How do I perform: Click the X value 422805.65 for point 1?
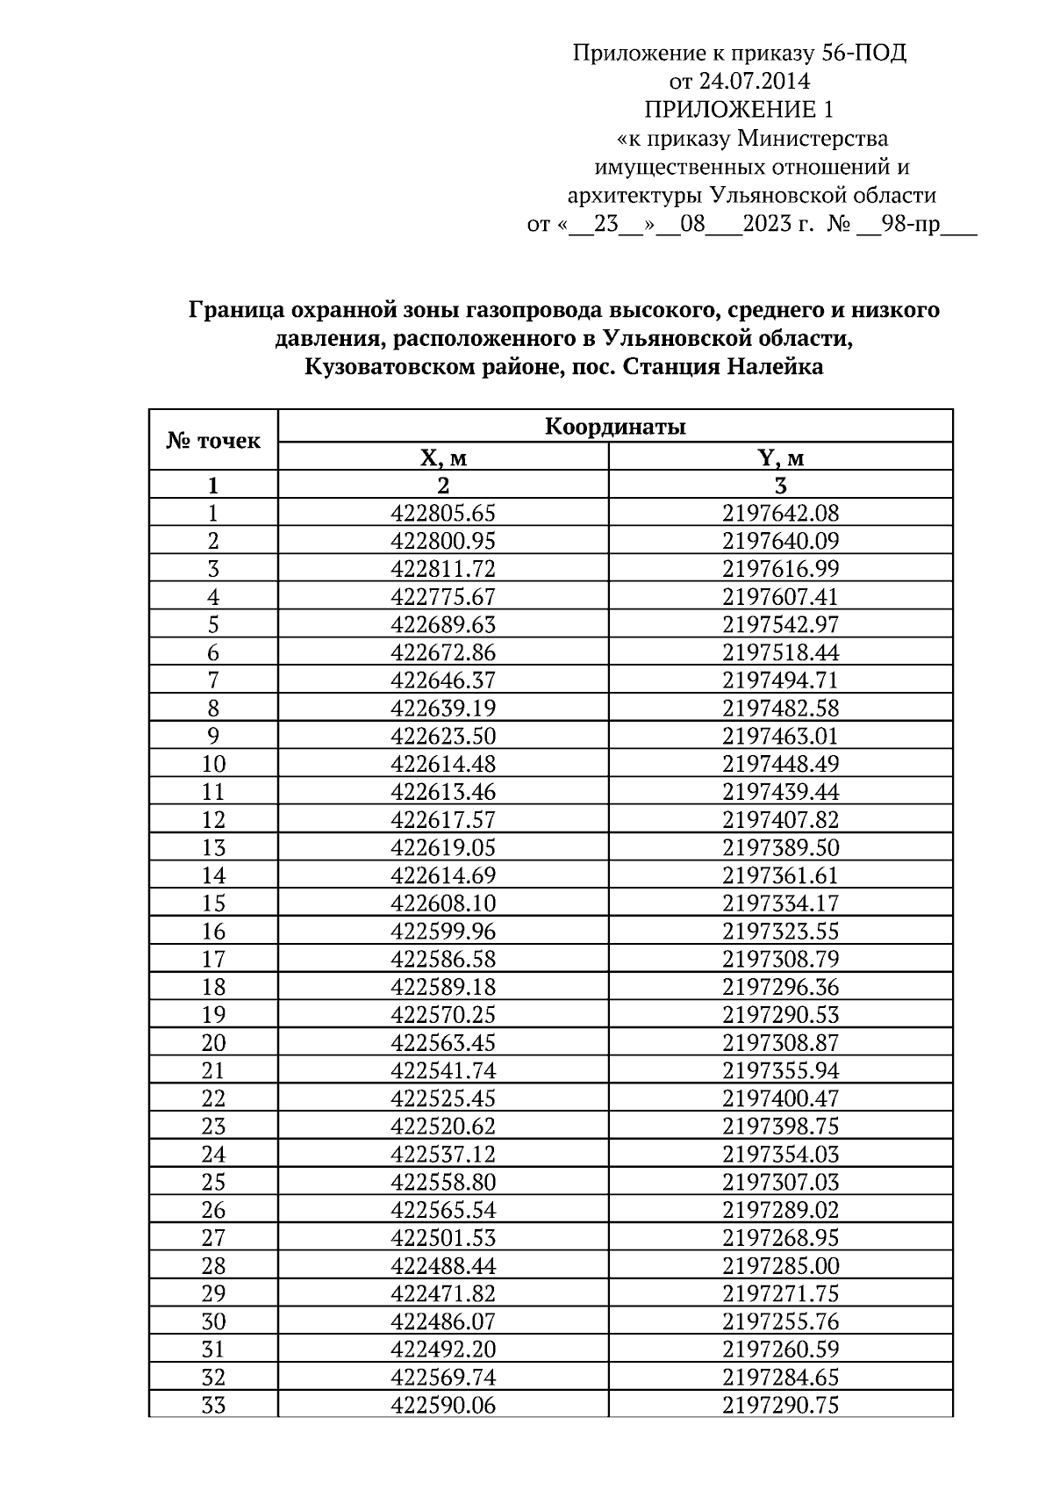coord(443,514)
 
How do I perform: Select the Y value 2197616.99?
coord(781,569)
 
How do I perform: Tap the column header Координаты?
coord(615,428)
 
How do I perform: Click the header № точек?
coord(213,441)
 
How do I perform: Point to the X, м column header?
coord(443,457)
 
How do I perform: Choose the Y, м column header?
coord(781,457)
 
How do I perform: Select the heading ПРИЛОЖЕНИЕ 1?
coord(739,110)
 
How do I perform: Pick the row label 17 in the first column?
coord(213,959)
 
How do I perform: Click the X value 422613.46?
coord(443,792)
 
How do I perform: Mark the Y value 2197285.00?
coord(781,1266)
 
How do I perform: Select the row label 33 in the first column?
coord(213,1406)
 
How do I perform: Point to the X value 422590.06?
coord(443,1406)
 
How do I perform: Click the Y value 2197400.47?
coord(781,1098)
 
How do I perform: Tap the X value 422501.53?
coord(443,1238)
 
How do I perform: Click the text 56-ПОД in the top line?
coord(863,54)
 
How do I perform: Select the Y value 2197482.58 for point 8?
coord(781,709)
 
